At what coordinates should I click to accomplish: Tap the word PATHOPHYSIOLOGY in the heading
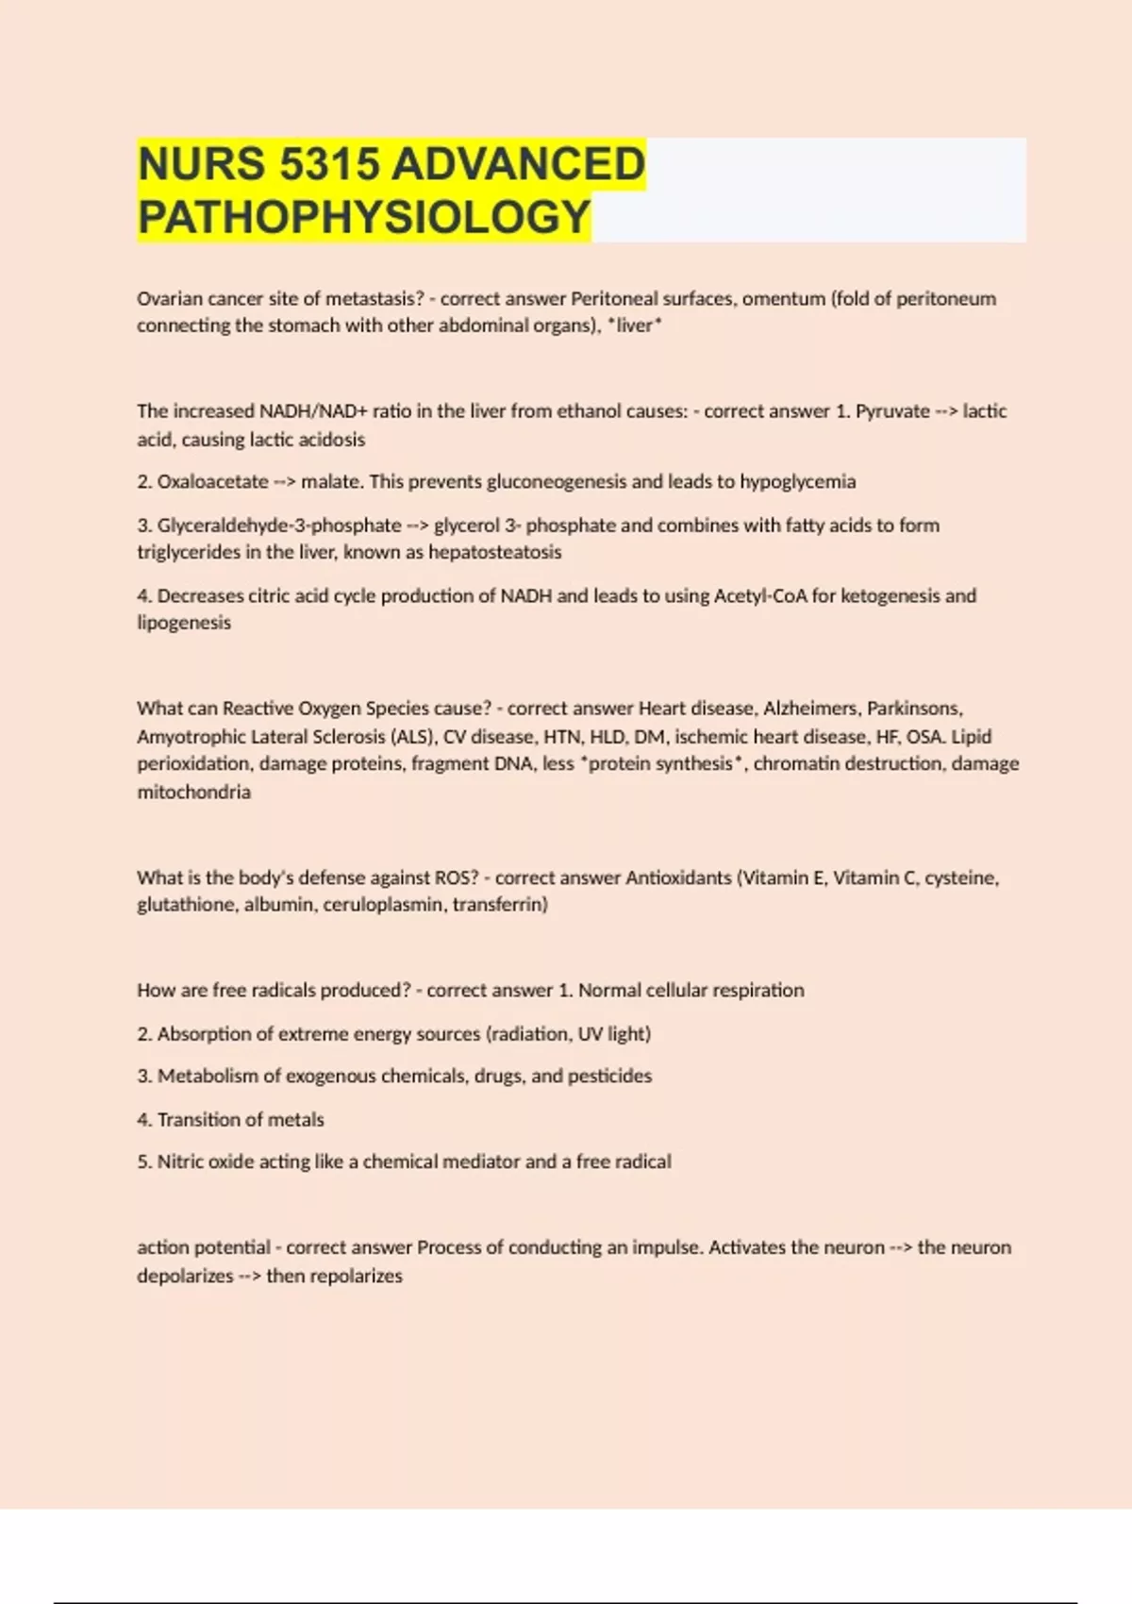point(364,217)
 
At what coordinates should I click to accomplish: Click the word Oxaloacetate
point(212,482)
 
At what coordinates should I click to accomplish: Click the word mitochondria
point(193,793)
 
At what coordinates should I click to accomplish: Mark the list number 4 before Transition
point(143,1120)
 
